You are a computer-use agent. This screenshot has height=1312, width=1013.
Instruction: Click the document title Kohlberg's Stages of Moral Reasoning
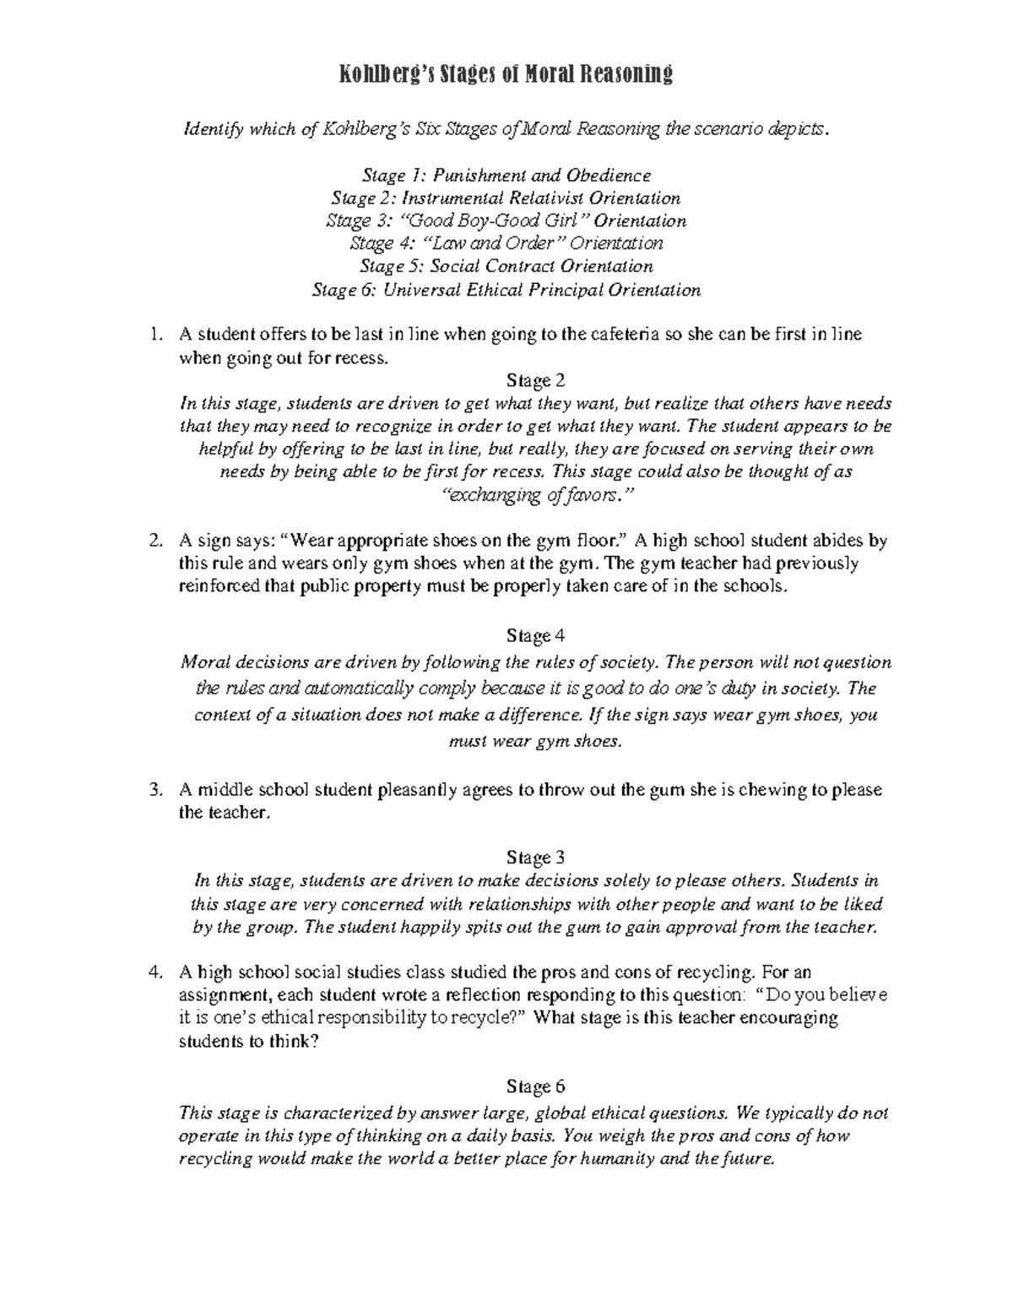pos(506,75)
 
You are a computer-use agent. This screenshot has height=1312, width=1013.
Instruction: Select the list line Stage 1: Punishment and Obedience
pos(506,176)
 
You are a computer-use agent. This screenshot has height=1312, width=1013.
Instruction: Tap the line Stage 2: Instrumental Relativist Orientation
pos(506,199)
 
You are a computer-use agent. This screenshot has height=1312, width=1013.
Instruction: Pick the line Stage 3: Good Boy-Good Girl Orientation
pos(506,221)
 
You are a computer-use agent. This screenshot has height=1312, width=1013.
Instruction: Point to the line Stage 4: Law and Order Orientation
pos(506,244)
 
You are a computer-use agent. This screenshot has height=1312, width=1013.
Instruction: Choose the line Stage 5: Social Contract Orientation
pos(506,267)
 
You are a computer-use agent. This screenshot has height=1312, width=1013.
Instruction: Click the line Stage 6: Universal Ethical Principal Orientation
pos(506,291)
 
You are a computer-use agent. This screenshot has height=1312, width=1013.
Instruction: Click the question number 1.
pos(154,335)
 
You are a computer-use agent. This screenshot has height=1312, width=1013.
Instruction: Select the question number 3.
pos(154,791)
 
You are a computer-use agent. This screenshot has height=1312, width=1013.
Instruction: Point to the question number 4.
pos(154,972)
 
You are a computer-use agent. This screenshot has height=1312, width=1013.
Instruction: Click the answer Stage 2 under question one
pos(529,380)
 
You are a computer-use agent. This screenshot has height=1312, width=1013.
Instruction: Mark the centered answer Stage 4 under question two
pos(529,634)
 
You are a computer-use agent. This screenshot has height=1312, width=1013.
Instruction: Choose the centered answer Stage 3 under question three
pos(529,858)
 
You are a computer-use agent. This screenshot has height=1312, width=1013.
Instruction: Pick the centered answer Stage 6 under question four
pos(529,1086)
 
